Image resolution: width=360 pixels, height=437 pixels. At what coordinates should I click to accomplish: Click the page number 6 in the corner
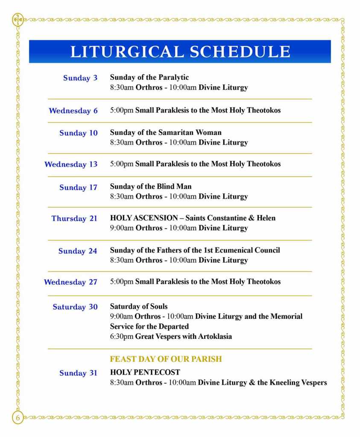pyautogui.click(x=18, y=417)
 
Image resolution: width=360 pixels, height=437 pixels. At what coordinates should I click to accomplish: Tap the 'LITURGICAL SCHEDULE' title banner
pyautogui.click(x=180, y=52)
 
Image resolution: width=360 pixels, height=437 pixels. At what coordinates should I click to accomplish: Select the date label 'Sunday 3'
pyautogui.click(x=80, y=78)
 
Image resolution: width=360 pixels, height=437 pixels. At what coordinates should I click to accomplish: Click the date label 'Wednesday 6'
pyautogui.click(x=73, y=111)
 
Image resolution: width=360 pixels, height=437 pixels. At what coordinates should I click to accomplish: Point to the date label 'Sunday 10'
pyautogui.click(x=79, y=133)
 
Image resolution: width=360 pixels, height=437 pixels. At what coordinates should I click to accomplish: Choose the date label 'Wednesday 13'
pyautogui.click(x=71, y=164)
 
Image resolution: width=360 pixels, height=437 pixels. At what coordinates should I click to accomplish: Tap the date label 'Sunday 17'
pyautogui.click(x=79, y=188)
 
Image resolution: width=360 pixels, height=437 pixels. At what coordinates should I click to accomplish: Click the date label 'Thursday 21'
pyautogui.click(x=75, y=218)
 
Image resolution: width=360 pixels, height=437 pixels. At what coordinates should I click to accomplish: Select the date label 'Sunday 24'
pyautogui.click(x=78, y=251)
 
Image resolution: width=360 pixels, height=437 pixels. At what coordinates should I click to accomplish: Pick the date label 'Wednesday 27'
pyautogui.click(x=71, y=282)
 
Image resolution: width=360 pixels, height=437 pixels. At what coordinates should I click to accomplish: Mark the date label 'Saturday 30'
pyautogui.click(x=75, y=307)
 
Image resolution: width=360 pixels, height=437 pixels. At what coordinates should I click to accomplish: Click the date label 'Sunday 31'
pyautogui.click(x=79, y=373)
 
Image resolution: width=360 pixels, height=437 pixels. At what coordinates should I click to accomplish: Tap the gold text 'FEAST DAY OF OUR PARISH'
pyautogui.click(x=166, y=359)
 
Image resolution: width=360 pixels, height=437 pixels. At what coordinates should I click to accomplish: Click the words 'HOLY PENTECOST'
pyautogui.click(x=145, y=372)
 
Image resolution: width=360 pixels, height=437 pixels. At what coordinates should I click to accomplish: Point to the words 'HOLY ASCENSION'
pyautogui.click(x=144, y=218)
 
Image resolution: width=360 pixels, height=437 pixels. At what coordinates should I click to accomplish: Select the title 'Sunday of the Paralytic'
pyautogui.click(x=149, y=78)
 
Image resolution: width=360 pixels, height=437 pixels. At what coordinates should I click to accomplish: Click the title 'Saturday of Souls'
pyautogui.click(x=139, y=306)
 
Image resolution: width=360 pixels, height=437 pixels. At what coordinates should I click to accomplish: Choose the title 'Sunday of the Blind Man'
pyautogui.click(x=151, y=186)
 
